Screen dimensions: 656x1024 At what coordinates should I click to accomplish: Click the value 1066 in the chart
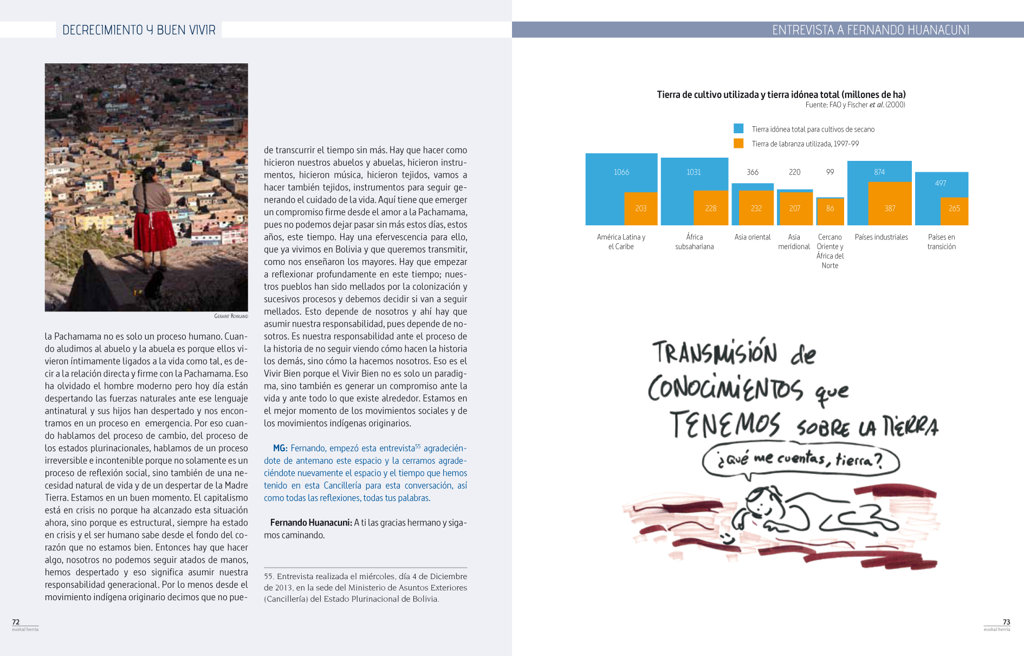[x=621, y=172]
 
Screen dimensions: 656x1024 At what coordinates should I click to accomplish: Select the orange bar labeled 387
[x=890, y=204]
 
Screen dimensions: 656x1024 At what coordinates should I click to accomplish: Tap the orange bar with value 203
[x=640, y=209]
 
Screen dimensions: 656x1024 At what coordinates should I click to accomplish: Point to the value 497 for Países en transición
[x=941, y=183]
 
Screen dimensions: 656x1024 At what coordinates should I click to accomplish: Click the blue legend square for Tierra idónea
[x=738, y=129]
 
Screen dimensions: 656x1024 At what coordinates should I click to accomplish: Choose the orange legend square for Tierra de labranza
[x=738, y=144]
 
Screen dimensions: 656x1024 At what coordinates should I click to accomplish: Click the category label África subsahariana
[x=694, y=242]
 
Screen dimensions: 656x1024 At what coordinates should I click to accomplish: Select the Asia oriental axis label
[x=752, y=237]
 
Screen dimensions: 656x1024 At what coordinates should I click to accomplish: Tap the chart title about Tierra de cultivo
[x=781, y=95]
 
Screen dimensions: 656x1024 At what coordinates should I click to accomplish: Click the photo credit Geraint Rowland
[x=231, y=316]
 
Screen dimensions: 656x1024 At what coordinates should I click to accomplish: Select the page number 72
[x=16, y=622]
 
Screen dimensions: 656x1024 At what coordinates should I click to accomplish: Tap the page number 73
[x=1006, y=622]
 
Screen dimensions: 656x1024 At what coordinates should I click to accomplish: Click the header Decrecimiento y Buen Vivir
[x=139, y=30]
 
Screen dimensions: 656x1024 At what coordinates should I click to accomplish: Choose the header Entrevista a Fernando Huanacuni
[x=870, y=30]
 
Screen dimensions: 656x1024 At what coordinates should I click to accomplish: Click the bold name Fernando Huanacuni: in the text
[x=311, y=523]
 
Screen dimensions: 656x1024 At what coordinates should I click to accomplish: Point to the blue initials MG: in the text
[x=280, y=449]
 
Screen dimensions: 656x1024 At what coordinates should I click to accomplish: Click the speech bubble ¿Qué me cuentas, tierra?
[x=800, y=460]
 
